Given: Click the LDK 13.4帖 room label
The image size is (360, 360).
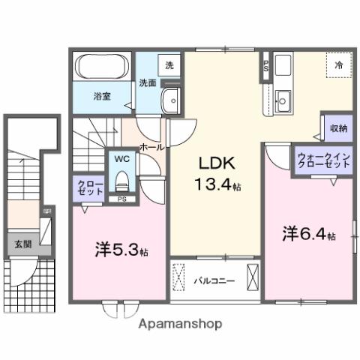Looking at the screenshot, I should pyautogui.click(x=219, y=174).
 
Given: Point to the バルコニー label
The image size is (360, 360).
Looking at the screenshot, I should pyautogui.click(x=215, y=281).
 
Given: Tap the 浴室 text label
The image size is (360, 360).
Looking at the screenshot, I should pyautogui.click(x=102, y=97).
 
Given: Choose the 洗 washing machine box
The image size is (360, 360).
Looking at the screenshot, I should pyautogui.click(x=169, y=65).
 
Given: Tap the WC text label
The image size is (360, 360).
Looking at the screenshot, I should pyautogui.click(x=121, y=159).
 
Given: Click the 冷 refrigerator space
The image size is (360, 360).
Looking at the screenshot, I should pyautogui.click(x=338, y=66).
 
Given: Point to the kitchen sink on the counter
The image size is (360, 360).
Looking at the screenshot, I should pyautogui.click(x=283, y=98).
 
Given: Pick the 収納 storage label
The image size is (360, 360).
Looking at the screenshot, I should pyautogui.click(x=337, y=128).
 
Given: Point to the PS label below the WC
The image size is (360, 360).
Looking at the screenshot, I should pyautogui.click(x=121, y=199).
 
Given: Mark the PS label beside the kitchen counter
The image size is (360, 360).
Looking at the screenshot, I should pyautogui.click(x=265, y=65).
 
